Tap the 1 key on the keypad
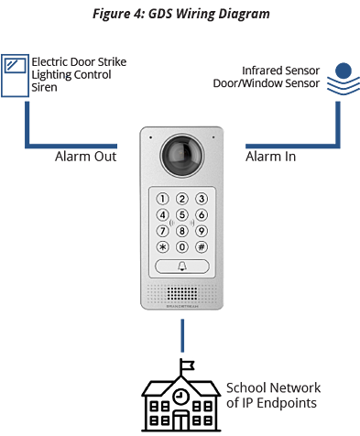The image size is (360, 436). [x=163, y=199]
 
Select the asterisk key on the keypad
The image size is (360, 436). [x=163, y=246]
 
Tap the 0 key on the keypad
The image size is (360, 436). [x=180, y=246]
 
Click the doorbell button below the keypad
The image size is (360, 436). [x=180, y=267]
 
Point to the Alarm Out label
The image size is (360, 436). [x=86, y=157]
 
